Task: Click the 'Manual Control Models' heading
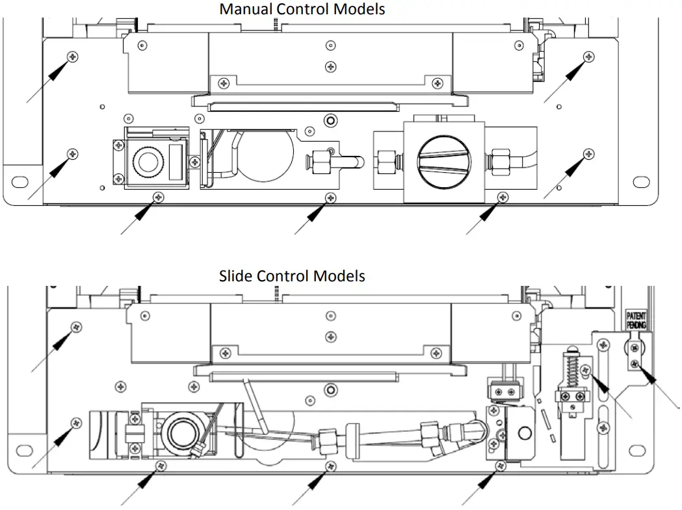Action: [302, 9]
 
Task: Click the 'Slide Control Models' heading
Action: [291, 275]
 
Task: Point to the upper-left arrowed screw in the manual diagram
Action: [73, 57]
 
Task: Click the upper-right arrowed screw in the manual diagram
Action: [588, 56]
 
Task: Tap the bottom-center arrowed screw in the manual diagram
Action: [331, 197]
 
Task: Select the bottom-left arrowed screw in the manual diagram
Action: [156, 197]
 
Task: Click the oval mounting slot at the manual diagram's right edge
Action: [640, 181]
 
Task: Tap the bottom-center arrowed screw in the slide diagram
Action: [332, 466]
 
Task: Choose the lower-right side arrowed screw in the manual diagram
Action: [588, 153]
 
